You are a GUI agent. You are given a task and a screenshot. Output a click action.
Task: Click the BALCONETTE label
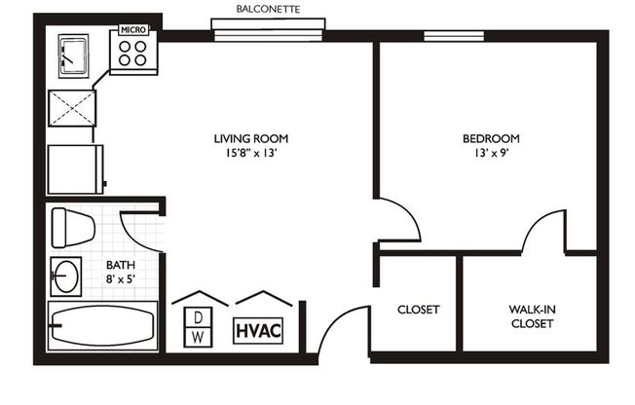pos(268,9)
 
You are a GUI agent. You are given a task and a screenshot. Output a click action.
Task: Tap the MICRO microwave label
pos(133,30)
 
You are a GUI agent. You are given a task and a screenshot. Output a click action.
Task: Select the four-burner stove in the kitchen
pos(132,55)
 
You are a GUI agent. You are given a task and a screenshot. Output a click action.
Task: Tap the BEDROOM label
pos(490,137)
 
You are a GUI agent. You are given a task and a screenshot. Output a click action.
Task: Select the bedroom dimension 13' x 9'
pos(490,152)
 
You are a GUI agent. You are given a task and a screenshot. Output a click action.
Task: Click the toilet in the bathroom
pos(72,227)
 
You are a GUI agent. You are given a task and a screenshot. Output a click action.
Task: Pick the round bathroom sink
pos(66,276)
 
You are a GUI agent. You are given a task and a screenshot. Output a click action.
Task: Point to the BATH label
pos(121,264)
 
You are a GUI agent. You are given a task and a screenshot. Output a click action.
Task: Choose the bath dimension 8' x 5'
pos(121,278)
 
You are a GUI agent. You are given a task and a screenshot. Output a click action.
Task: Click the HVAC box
pos(258,329)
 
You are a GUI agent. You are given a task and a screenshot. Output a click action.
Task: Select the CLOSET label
pos(418,310)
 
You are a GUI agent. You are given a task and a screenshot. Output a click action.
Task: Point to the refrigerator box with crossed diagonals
pos(74,103)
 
